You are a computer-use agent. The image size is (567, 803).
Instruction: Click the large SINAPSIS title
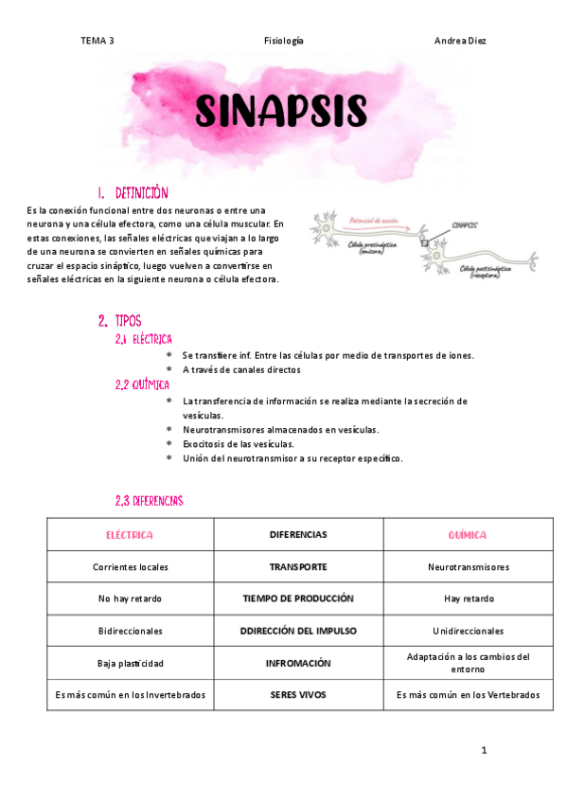coord(280,111)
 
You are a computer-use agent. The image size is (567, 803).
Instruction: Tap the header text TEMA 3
coord(97,41)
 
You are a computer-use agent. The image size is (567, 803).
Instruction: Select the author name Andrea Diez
coord(460,41)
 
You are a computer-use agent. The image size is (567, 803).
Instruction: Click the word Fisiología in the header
coord(284,41)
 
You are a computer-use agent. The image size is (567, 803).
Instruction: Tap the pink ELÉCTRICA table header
coord(130,535)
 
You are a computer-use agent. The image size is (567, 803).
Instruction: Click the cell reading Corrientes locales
coord(131,567)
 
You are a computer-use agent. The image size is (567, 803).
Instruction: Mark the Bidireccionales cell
coord(131,631)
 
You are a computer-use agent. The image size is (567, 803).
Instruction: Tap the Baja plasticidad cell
coord(131,663)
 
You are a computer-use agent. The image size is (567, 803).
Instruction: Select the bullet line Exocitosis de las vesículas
coord(238,443)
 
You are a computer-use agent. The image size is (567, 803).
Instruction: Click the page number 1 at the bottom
coord(484,751)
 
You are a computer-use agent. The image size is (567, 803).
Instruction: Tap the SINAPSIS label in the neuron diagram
coord(464,225)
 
